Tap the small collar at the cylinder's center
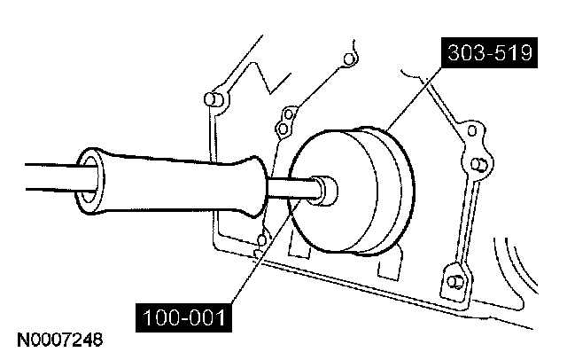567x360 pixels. [x=326, y=189]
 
